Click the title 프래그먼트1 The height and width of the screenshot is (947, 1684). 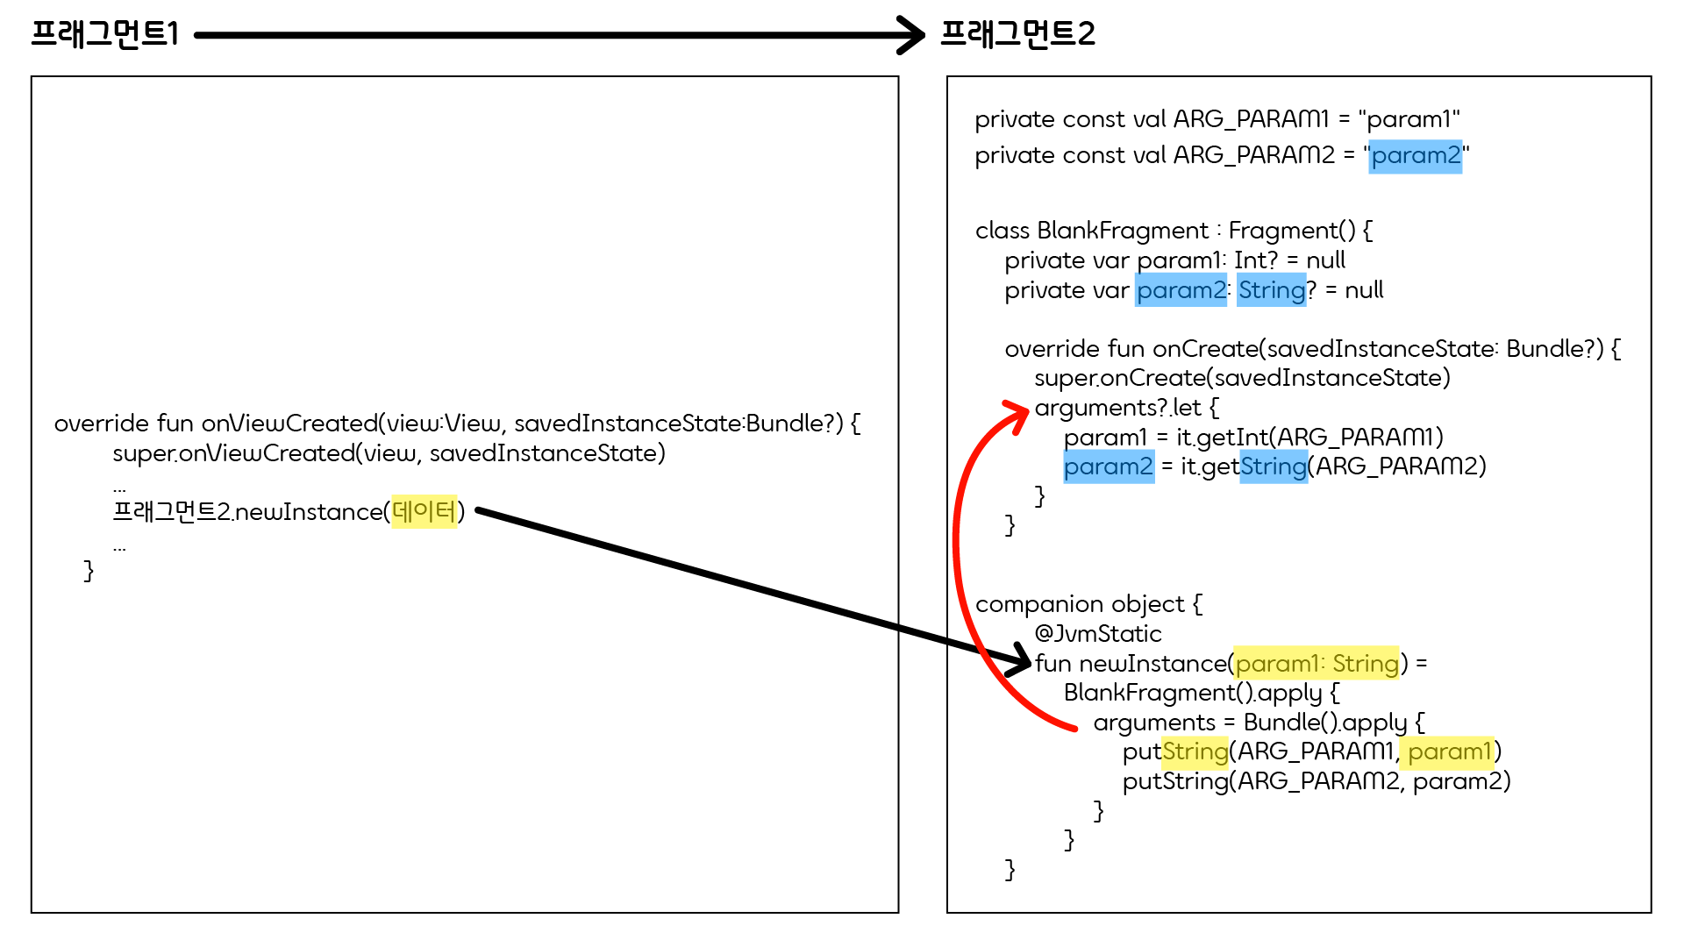(x=105, y=33)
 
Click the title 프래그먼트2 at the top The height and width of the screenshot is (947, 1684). (x=1017, y=33)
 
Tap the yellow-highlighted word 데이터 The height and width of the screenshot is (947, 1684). (x=424, y=511)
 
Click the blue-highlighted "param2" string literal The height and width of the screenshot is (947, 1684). (x=1416, y=156)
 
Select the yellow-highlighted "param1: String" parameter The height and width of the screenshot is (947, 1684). (x=1316, y=664)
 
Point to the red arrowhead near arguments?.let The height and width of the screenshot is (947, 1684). (x=1017, y=412)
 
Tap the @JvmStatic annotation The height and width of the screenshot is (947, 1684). (x=1098, y=634)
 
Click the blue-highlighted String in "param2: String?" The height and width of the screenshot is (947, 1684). (x=1272, y=290)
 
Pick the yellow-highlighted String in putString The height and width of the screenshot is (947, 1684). (x=1195, y=751)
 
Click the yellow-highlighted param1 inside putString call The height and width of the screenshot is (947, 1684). (x=1449, y=751)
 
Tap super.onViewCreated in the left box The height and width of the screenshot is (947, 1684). (x=233, y=453)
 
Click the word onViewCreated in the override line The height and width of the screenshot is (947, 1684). (x=289, y=424)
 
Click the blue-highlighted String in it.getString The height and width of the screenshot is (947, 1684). (x=1274, y=466)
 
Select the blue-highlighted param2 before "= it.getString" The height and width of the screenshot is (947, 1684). (x=1109, y=466)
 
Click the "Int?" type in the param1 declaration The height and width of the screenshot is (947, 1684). (x=1256, y=260)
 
